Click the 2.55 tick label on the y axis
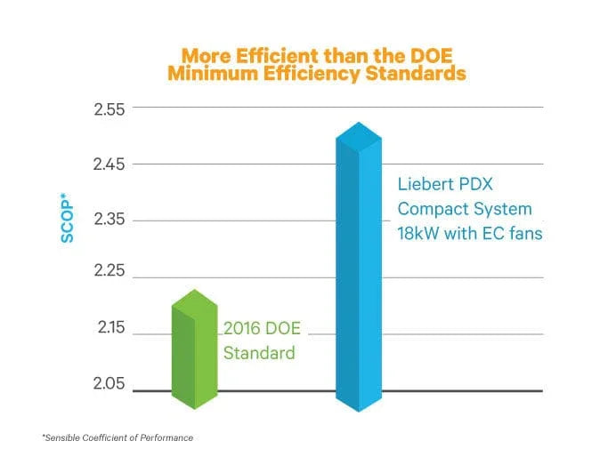coord(110,108)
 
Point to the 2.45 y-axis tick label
coord(110,164)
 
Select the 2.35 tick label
coord(110,220)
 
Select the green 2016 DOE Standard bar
coord(195,356)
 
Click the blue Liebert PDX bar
coord(358,285)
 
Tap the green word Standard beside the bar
coord(258,353)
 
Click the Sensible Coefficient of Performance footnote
coord(117,437)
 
